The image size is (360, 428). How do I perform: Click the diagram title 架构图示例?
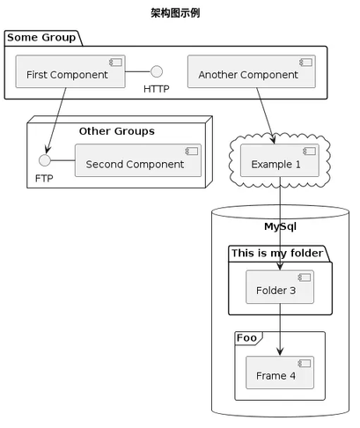(x=175, y=13)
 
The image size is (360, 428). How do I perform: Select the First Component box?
(x=70, y=71)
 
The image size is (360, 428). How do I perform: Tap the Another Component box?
(x=252, y=71)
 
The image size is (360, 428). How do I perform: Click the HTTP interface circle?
(x=157, y=71)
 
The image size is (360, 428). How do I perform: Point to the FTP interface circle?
(x=45, y=160)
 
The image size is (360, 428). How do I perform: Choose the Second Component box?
(x=138, y=160)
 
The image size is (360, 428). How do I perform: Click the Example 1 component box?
(x=280, y=160)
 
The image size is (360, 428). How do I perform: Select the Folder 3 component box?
(x=280, y=287)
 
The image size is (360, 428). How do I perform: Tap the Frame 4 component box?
(x=280, y=373)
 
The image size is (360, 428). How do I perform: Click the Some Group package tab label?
(x=41, y=38)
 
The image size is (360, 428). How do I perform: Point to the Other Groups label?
(x=117, y=131)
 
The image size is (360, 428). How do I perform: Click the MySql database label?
(x=280, y=226)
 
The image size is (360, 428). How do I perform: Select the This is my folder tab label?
(x=277, y=253)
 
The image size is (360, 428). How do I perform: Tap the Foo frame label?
(x=246, y=338)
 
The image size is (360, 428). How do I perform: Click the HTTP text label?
(x=157, y=89)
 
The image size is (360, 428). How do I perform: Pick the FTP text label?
(x=44, y=178)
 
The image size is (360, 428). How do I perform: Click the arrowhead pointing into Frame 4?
(x=280, y=351)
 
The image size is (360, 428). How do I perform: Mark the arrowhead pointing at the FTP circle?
(x=48, y=149)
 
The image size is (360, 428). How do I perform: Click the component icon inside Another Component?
(x=305, y=63)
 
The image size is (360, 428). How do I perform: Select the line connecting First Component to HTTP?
(x=138, y=71)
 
